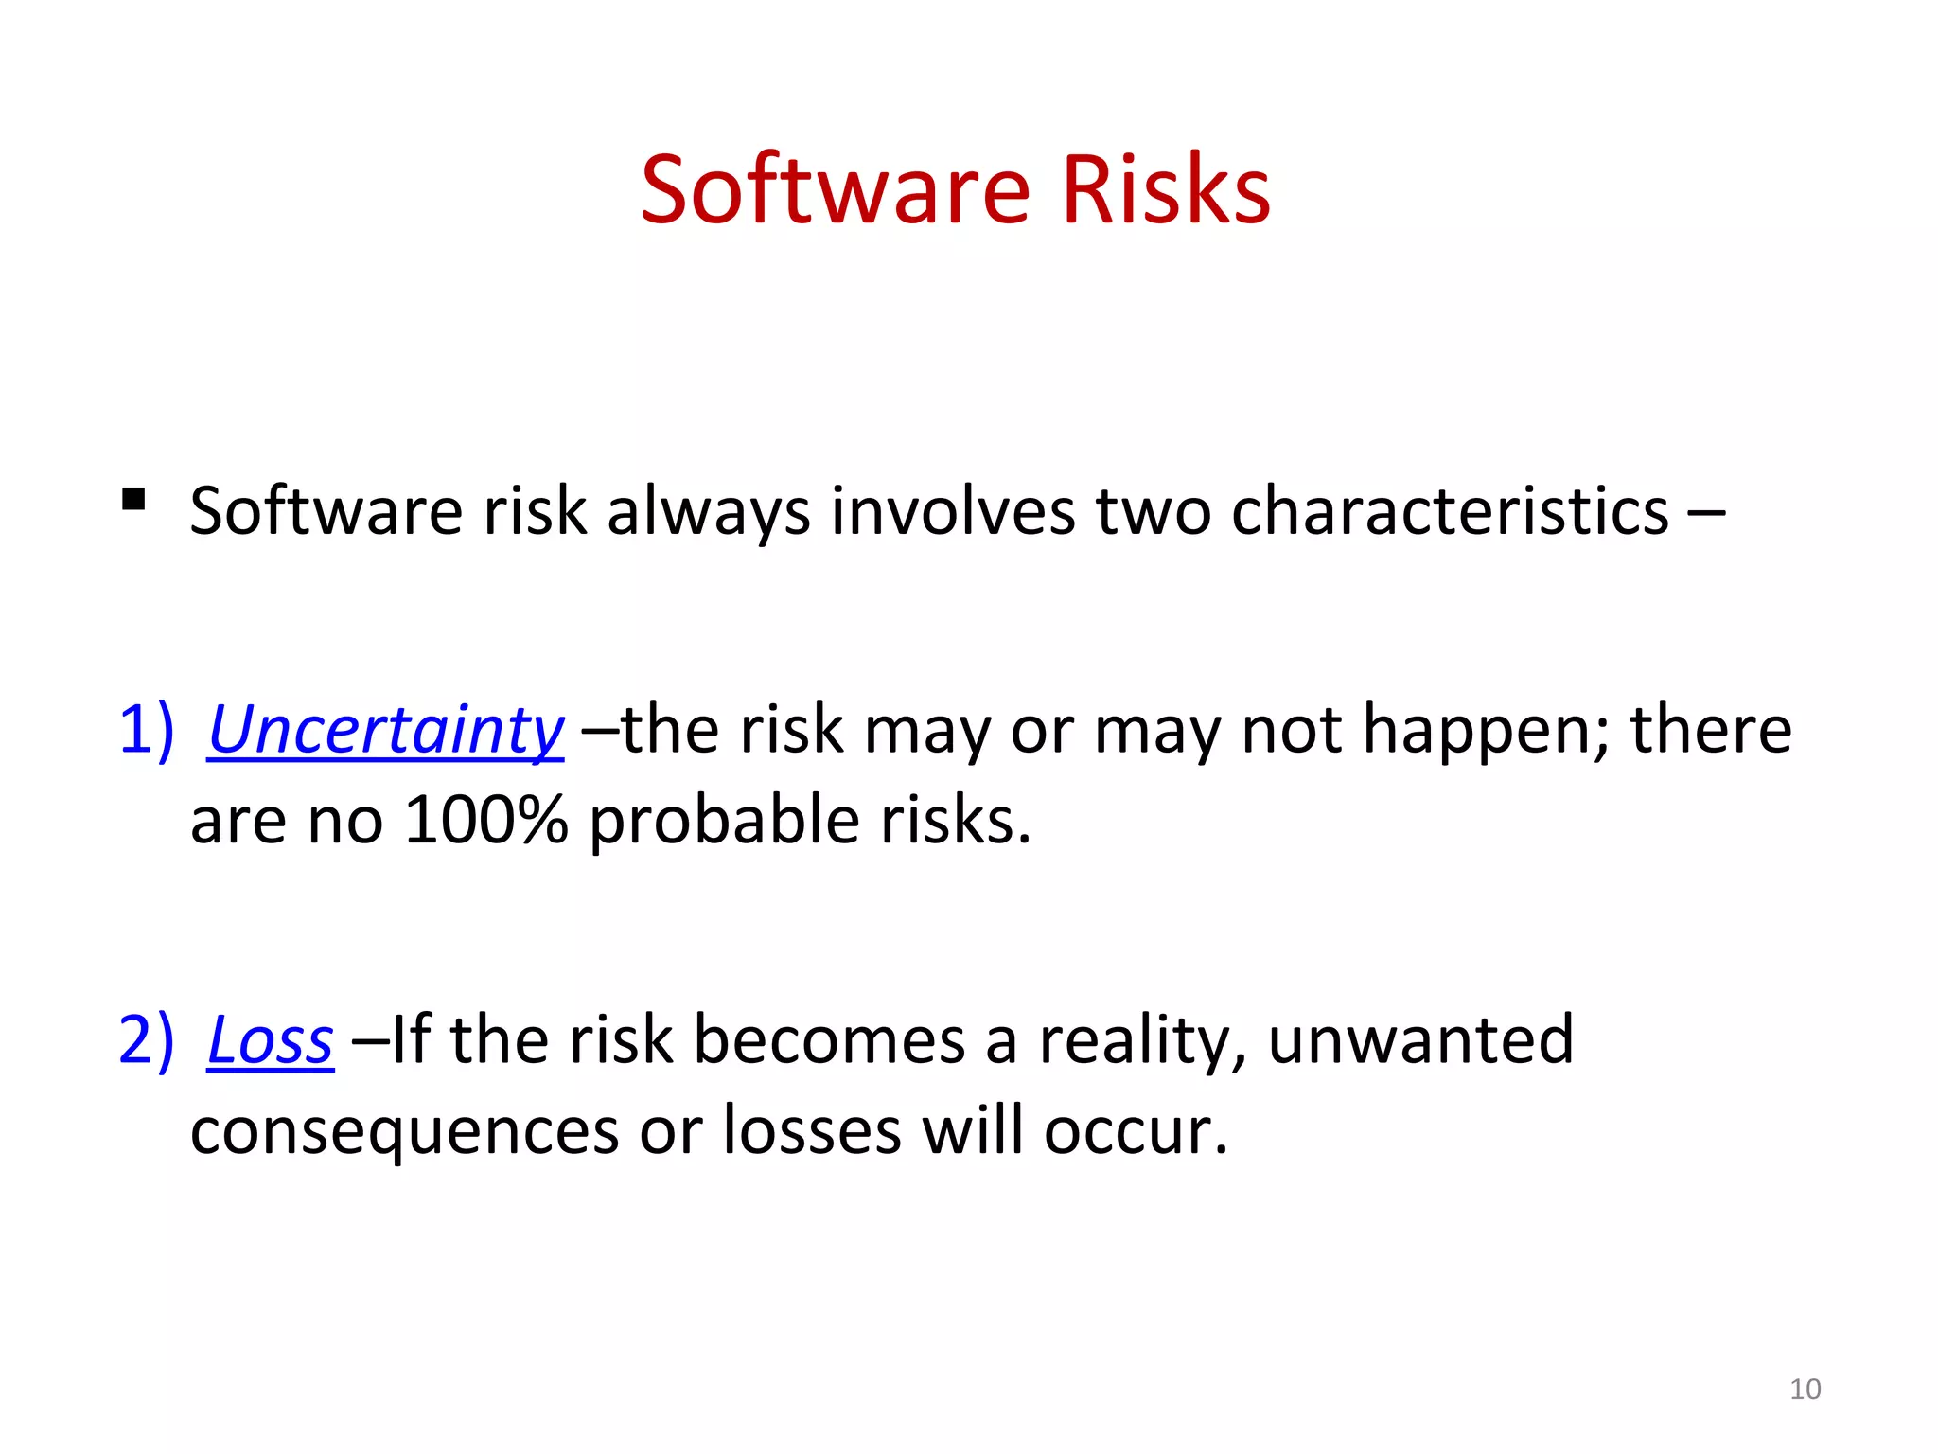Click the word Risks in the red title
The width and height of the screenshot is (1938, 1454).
[1166, 191]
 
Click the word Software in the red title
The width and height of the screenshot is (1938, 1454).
[835, 191]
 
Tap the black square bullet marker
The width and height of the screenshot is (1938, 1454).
[133, 499]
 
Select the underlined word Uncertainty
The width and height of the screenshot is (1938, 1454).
[385, 732]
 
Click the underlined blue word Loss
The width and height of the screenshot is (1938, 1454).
[271, 1041]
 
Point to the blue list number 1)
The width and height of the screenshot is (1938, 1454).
[147, 730]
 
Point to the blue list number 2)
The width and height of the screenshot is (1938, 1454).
[147, 1040]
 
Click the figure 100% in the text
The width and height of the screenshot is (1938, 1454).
[485, 820]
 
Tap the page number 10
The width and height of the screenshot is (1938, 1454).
[1805, 1390]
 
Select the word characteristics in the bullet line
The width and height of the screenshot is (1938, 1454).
[1450, 512]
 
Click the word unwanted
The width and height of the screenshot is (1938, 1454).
[1420, 1040]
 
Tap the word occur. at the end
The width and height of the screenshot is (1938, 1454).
[1136, 1131]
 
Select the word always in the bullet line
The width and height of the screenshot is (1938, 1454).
[708, 512]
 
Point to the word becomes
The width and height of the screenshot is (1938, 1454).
[829, 1040]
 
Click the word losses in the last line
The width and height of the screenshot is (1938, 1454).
[812, 1131]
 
